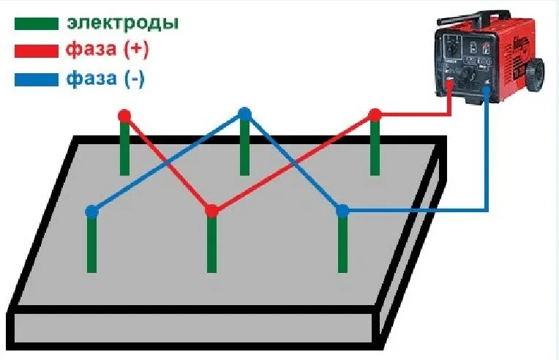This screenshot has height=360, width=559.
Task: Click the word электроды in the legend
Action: coord(123,23)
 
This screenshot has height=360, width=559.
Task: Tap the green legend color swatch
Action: coord(37,24)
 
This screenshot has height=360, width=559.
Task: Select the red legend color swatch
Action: coord(37,51)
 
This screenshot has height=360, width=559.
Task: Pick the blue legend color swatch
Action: coord(37,80)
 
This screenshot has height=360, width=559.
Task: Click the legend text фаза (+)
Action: coord(107,50)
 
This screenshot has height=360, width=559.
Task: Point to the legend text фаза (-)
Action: coord(105,78)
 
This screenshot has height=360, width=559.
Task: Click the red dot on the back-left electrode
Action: coord(124,116)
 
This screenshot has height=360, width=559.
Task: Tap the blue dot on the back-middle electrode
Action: coord(244,113)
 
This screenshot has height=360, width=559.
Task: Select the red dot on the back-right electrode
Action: coord(375,115)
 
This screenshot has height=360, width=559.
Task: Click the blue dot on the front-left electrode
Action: coord(92,211)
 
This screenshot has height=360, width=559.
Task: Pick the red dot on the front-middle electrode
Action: coord(211,211)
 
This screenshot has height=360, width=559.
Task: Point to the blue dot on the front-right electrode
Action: coord(342,211)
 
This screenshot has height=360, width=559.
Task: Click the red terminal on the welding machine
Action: coord(450,83)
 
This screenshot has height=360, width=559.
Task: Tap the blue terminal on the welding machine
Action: coord(487,90)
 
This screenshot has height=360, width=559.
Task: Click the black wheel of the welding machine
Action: coord(535,75)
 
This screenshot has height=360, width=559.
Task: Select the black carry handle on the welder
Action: coord(474,18)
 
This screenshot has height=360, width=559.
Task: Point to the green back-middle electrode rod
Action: coord(244,147)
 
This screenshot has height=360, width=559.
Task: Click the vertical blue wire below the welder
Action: coord(487,151)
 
